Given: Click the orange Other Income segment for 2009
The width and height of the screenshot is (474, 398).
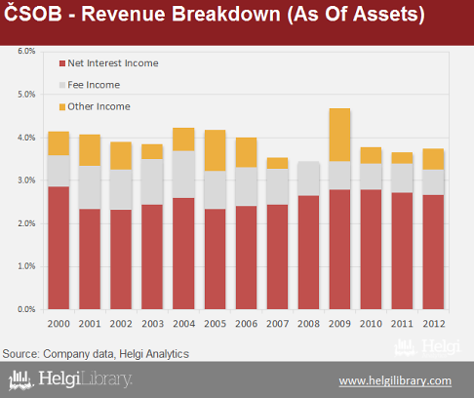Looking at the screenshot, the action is [339, 135].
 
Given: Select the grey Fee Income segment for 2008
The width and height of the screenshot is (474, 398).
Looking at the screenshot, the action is [308, 179].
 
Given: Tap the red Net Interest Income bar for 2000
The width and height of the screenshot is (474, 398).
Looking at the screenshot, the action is [59, 248].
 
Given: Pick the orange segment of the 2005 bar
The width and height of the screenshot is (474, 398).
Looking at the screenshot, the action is [215, 150].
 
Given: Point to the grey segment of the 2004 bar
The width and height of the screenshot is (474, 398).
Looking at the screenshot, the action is [183, 175].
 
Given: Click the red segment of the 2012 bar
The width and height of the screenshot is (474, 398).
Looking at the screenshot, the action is [433, 252].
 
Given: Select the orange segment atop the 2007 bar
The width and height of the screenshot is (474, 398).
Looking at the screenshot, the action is [277, 163].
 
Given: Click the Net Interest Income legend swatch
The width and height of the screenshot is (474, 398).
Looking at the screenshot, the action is [62, 63].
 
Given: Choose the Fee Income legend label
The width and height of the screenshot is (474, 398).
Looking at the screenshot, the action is [94, 85].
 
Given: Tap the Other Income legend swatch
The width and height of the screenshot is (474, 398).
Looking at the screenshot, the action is [62, 107].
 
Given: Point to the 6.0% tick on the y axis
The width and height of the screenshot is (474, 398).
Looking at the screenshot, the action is [26, 51].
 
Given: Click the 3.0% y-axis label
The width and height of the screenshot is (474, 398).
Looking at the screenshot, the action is [26, 180].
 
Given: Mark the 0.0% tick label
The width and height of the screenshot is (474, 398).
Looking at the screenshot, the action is [26, 309].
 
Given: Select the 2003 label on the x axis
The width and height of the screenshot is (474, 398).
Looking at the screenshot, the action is [152, 324].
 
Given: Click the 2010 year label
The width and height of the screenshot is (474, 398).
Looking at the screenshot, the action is [371, 324].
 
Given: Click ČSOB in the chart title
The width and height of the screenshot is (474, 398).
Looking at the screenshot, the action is [32, 13].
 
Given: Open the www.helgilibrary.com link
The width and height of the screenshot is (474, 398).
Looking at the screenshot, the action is [395, 380].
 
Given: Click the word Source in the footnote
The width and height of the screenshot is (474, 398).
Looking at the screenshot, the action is [20, 354].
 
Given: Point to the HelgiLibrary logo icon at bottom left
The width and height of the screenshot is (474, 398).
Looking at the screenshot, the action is [20, 379].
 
